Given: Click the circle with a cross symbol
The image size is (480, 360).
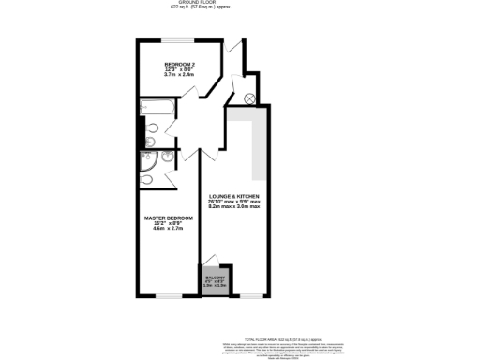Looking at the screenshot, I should (249, 97).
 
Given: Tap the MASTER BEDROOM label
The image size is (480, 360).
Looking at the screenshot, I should (168, 217).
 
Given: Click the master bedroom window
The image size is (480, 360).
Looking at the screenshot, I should (169, 296).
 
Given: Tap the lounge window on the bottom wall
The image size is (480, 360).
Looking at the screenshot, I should (251, 296).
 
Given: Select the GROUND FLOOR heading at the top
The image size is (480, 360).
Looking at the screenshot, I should (240, 3).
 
